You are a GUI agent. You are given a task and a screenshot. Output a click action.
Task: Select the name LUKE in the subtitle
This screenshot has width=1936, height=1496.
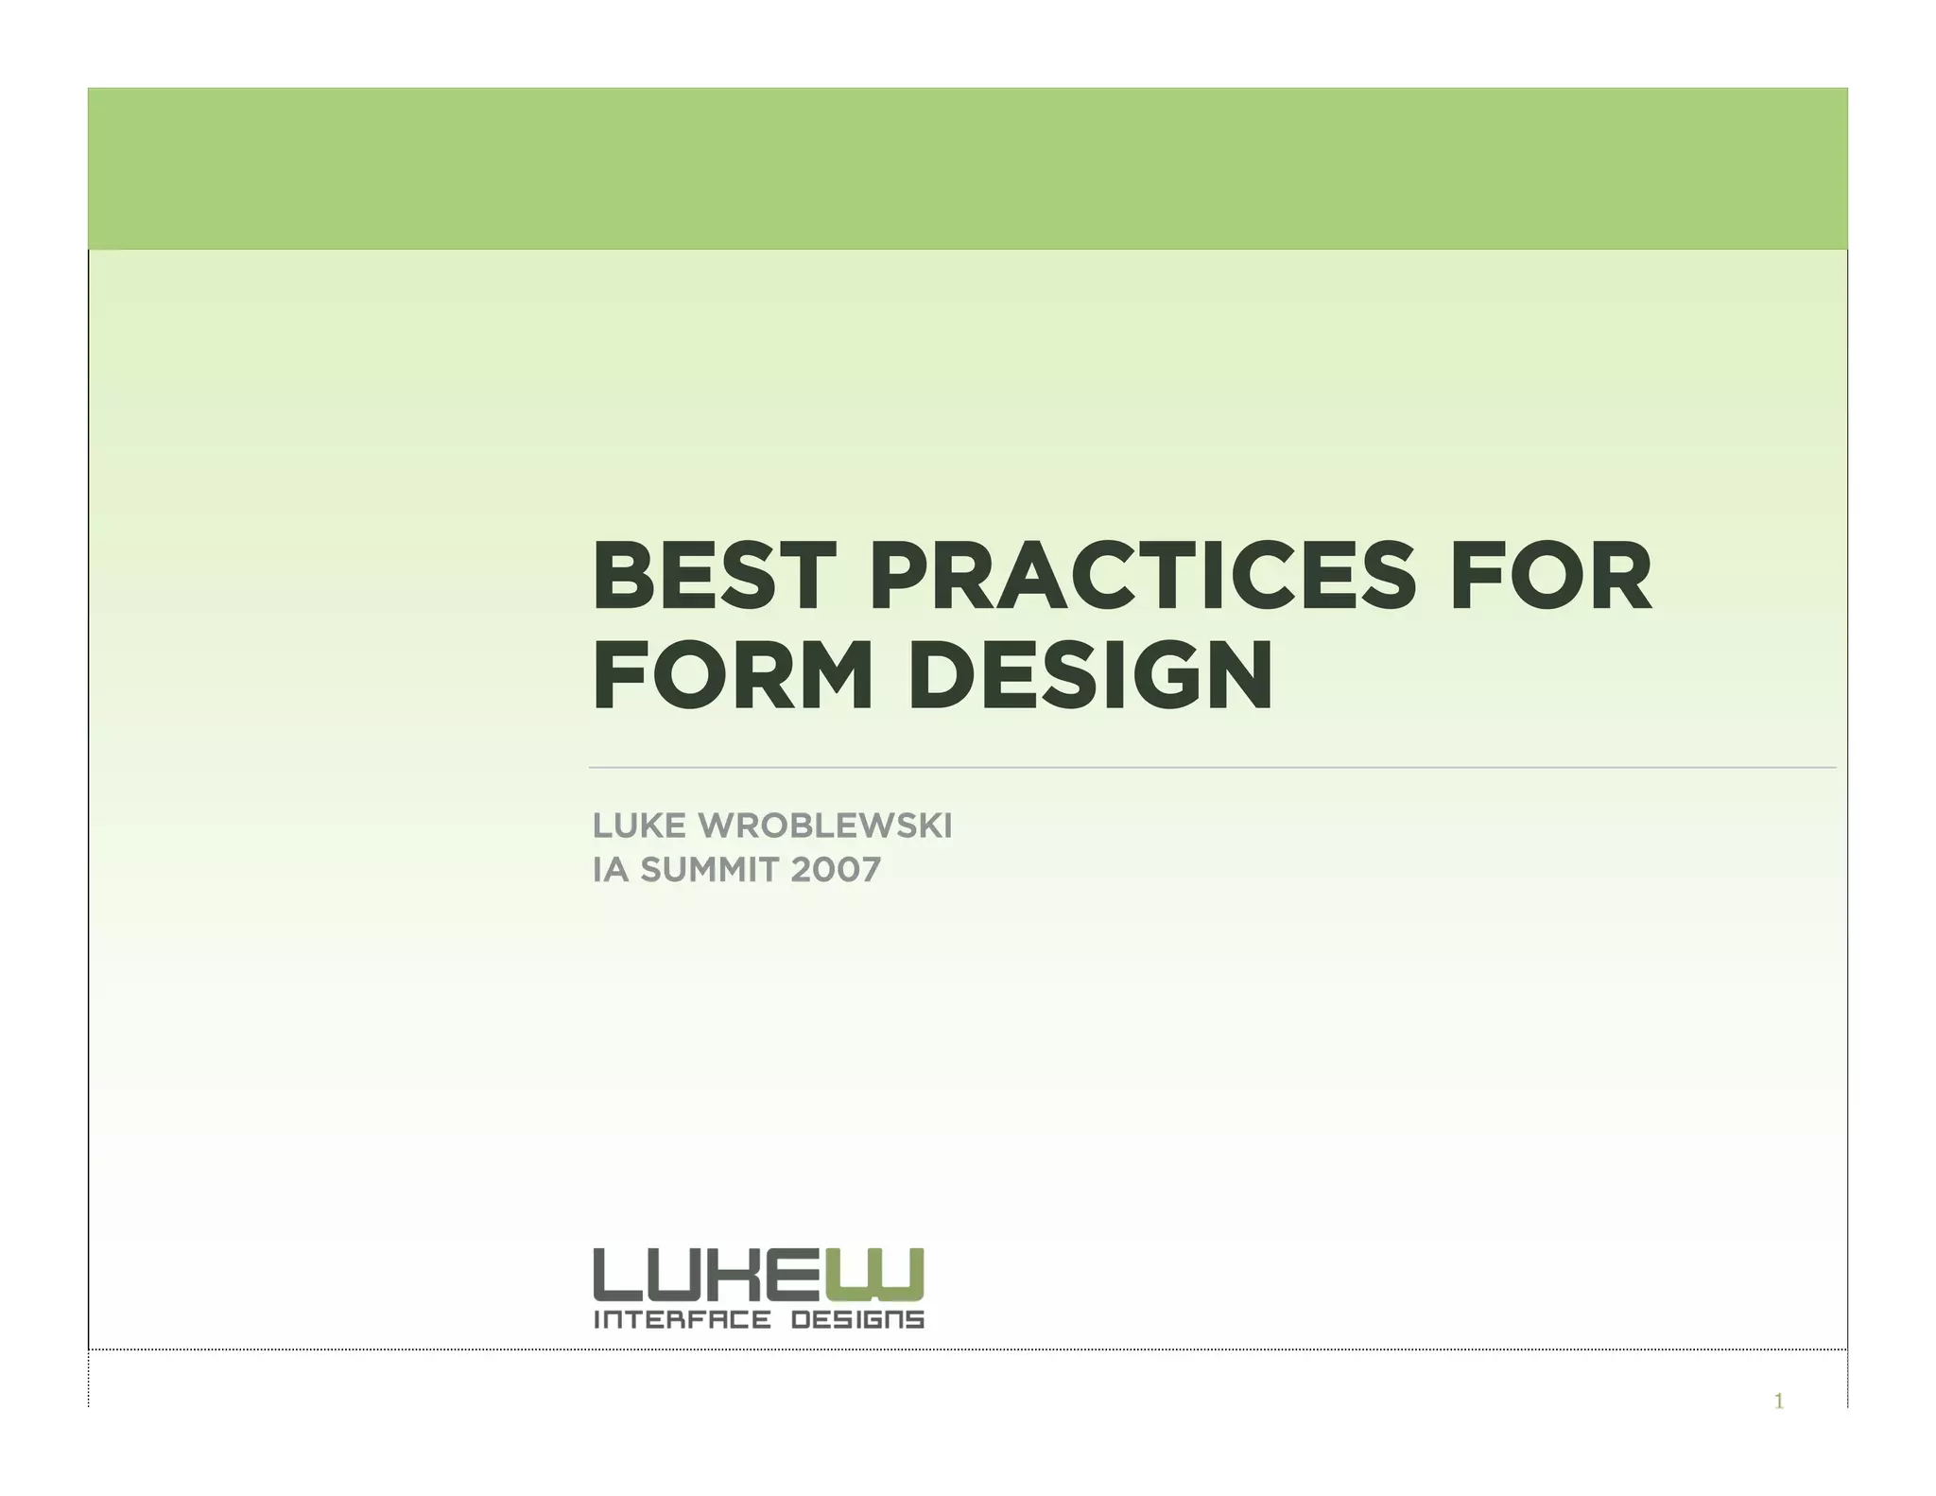click(x=638, y=826)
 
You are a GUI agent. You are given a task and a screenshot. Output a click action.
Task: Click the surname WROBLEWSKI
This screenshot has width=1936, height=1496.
click(x=824, y=826)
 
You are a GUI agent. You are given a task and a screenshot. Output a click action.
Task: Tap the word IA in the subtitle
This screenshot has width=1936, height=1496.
click(x=610, y=870)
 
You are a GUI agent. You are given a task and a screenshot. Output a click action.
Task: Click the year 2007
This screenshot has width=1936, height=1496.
click(x=836, y=870)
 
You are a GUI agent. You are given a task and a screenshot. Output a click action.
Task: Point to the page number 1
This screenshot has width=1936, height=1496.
click(x=1778, y=1401)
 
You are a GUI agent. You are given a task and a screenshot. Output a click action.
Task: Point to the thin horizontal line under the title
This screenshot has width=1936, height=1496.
click(x=1210, y=768)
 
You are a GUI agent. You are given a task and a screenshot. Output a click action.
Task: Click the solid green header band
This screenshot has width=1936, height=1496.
click(x=967, y=168)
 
